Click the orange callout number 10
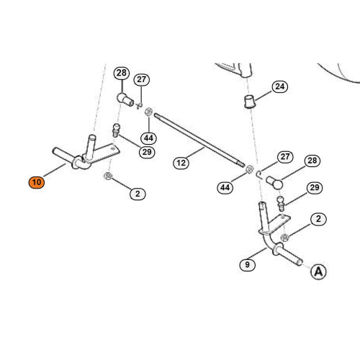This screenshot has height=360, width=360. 37,182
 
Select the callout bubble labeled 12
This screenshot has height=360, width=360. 181,163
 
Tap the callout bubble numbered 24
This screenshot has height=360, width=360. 280,86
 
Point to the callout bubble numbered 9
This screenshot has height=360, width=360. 248,265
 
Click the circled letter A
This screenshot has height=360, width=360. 318,271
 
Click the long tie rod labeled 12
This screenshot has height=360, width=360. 199,140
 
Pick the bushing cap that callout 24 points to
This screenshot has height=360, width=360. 249,102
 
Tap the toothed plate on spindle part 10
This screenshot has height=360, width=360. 106,153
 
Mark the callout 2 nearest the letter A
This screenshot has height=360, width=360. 318,219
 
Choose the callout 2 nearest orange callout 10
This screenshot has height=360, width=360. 138,194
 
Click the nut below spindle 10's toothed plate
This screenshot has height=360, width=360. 108,176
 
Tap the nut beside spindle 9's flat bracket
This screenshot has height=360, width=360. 284,238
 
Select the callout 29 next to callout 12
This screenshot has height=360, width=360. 147,152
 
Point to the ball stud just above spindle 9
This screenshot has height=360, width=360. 281,203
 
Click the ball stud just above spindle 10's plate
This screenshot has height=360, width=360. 116,130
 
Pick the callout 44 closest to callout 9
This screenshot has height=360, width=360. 225,187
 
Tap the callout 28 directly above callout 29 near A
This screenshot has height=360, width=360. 312,161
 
